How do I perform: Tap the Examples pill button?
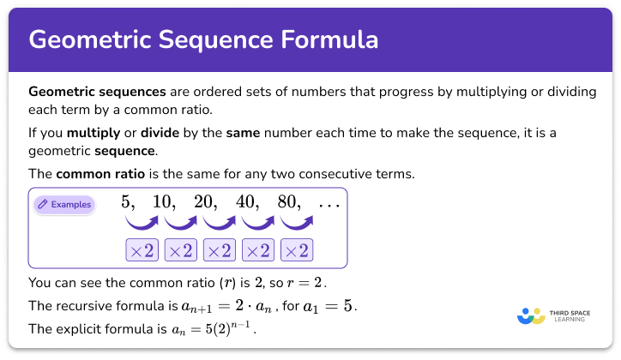click(63, 205)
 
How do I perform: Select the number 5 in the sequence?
click(129, 204)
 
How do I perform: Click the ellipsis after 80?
click(329, 206)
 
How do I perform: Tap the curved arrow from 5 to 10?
click(142, 225)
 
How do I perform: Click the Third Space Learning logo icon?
click(532, 315)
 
